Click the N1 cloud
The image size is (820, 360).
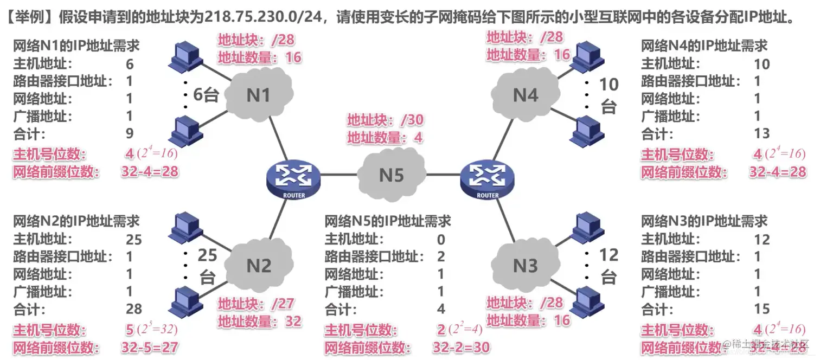point(258,95)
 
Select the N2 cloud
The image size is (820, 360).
point(258,266)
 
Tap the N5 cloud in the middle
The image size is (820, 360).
point(392,175)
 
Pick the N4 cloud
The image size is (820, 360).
point(525,95)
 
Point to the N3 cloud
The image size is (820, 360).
point(525,266)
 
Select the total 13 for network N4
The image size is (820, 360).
point(761,133)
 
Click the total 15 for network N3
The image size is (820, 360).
point(761,309)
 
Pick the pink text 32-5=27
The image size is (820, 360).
point(150,348)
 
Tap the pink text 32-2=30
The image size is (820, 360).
point(461,348)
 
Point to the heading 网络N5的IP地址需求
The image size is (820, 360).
point(387,221)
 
